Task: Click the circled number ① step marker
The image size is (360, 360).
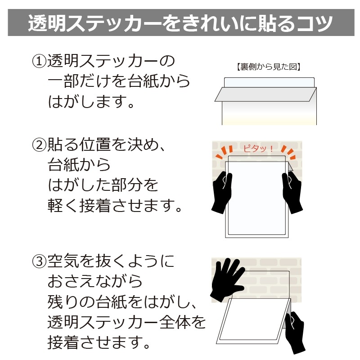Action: coord(39,61)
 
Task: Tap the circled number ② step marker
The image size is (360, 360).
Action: coord(39,145)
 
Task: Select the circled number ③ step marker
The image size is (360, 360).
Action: coord(39,261)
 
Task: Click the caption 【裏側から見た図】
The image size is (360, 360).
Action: coord(268,67)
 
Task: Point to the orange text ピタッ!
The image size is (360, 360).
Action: coord(258,148)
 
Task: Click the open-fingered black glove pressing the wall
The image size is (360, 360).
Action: coord(227,279)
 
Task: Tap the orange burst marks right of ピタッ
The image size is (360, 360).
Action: coord(288,152)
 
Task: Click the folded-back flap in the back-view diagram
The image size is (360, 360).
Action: coord(265,94)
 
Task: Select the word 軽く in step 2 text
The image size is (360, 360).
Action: coord(63,206)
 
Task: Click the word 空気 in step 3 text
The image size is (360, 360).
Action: coord(63,261)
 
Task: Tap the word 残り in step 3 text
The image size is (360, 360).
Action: coord(63,301)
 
